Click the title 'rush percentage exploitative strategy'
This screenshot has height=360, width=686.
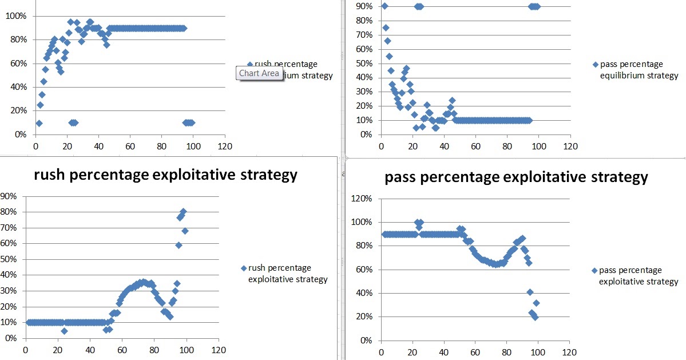click(x=166, y=175)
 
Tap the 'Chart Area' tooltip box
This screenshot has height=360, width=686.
click(x=259, y=73)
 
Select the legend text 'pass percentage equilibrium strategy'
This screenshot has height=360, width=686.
click(x=635, y=70)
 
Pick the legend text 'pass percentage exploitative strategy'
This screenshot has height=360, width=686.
click(x=635, y=276)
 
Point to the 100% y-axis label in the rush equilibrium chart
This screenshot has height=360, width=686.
click(x=16, y=16)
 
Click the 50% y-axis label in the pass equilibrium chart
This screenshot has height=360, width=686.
click(x=364, y=63)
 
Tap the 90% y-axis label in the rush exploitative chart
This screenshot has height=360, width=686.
click(x=10, y=196)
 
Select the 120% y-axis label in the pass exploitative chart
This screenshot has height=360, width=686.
click(x=362, y=199)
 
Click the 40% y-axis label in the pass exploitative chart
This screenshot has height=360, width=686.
click(x=364, y=293)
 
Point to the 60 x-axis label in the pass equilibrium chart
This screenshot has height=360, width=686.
click(x=475, y=146)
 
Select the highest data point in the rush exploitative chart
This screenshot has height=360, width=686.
click(x=183, y=212)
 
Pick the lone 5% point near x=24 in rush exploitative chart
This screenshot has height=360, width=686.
click(x=65, y=331)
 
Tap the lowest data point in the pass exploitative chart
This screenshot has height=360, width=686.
click(x=534, y=317)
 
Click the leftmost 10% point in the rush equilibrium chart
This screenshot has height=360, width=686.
click(x=39, y=123)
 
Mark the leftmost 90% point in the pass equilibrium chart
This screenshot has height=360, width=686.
click(x=384, y=6)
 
